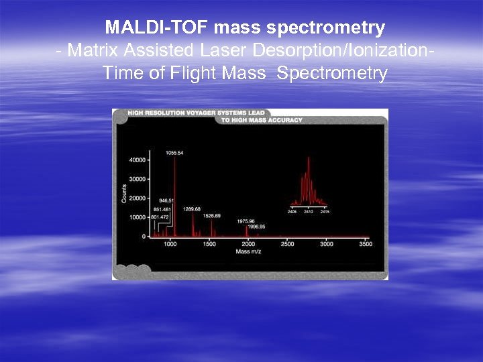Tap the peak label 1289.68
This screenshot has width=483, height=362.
(x=192, y=208)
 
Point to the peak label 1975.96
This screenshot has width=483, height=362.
(x=246, y=221)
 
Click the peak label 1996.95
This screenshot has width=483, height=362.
(x=257, y=227)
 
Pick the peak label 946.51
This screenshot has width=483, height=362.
(x=166, y=200)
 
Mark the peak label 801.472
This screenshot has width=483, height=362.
(x=160, y=217)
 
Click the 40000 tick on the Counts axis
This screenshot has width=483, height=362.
(x=137, y=160)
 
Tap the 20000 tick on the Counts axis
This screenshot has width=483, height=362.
(x=137, y=198)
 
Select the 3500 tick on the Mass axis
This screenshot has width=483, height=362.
(x=365, y=245)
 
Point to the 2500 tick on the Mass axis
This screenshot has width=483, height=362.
(x=287, y=245)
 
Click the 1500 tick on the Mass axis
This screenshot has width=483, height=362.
(x=209, y=245)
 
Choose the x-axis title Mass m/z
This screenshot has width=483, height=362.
(x=250, y=252)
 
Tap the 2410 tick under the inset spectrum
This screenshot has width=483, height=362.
(x=308, y=212)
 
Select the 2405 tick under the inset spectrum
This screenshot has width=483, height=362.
(x=292, y=212)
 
